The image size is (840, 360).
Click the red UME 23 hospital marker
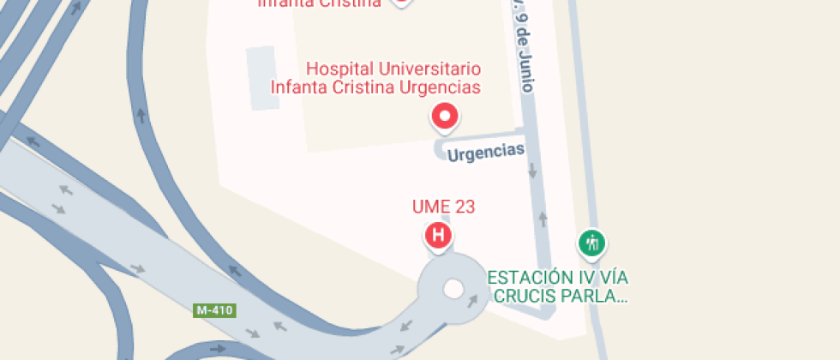(x=439, y=235)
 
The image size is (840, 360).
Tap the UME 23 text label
(x=443, y=207)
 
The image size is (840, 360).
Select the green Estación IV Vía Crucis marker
(x=591, y=243)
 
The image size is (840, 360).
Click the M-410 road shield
(x=214, y=310)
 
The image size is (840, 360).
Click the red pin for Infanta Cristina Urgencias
(x=445, y=117)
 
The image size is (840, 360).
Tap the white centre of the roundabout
(x=453, y=290)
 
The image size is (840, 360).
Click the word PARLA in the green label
(x=598, y=297)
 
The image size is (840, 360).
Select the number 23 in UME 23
(x=464, y=207)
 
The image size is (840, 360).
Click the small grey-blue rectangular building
(x=263, y=78)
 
